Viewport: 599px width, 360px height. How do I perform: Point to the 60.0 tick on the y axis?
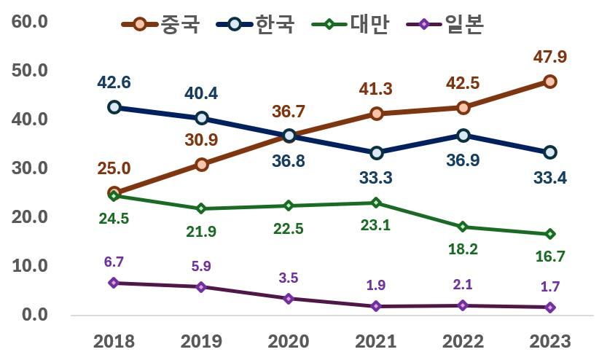(x=30, y=21)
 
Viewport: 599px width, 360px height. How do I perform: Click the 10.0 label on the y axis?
(x=30, y=266)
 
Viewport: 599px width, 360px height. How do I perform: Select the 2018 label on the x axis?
(x=114, y=341)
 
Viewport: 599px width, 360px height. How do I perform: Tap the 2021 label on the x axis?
(x=376, y=341)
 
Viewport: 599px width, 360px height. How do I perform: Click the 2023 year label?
(x=550, y=341)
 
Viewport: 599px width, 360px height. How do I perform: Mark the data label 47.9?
(x=550, y=57)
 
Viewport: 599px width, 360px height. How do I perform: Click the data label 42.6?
(x=114, y=82)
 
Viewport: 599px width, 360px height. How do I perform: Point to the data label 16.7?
(x=550, y=257)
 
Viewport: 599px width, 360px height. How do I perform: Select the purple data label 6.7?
(x=114, y=261)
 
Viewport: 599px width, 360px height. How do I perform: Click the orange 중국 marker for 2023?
(x=550, y=82)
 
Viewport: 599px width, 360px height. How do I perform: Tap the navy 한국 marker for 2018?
(x=114, y=107)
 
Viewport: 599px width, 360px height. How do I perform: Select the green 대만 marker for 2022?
(x=463, y=227)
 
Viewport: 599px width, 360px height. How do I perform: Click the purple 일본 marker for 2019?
(x=202, y=286)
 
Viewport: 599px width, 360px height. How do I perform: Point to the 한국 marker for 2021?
(x=376, y=153)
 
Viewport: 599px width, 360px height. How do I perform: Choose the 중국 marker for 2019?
(x=202, y=165)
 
